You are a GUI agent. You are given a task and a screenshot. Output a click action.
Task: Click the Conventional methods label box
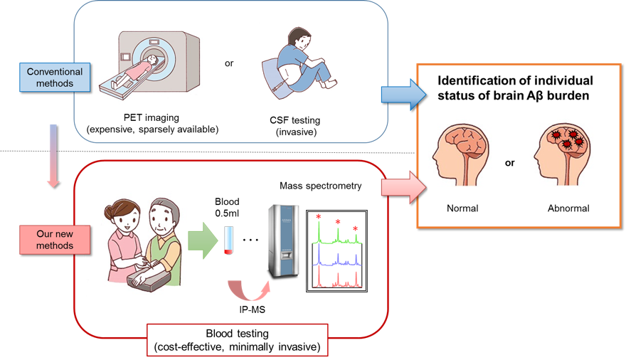[x=55, y=78]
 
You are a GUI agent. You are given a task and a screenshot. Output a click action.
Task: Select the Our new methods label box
[x=55, y=239]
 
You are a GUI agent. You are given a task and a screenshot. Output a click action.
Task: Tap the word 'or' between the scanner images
[x=229, y=63]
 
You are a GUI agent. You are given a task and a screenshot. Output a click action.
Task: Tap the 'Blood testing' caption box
[x=237, y=340]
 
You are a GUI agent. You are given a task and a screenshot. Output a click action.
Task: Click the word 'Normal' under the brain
[x=462, y=208]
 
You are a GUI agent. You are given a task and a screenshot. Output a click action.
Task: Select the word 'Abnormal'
[x=568, y=208]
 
